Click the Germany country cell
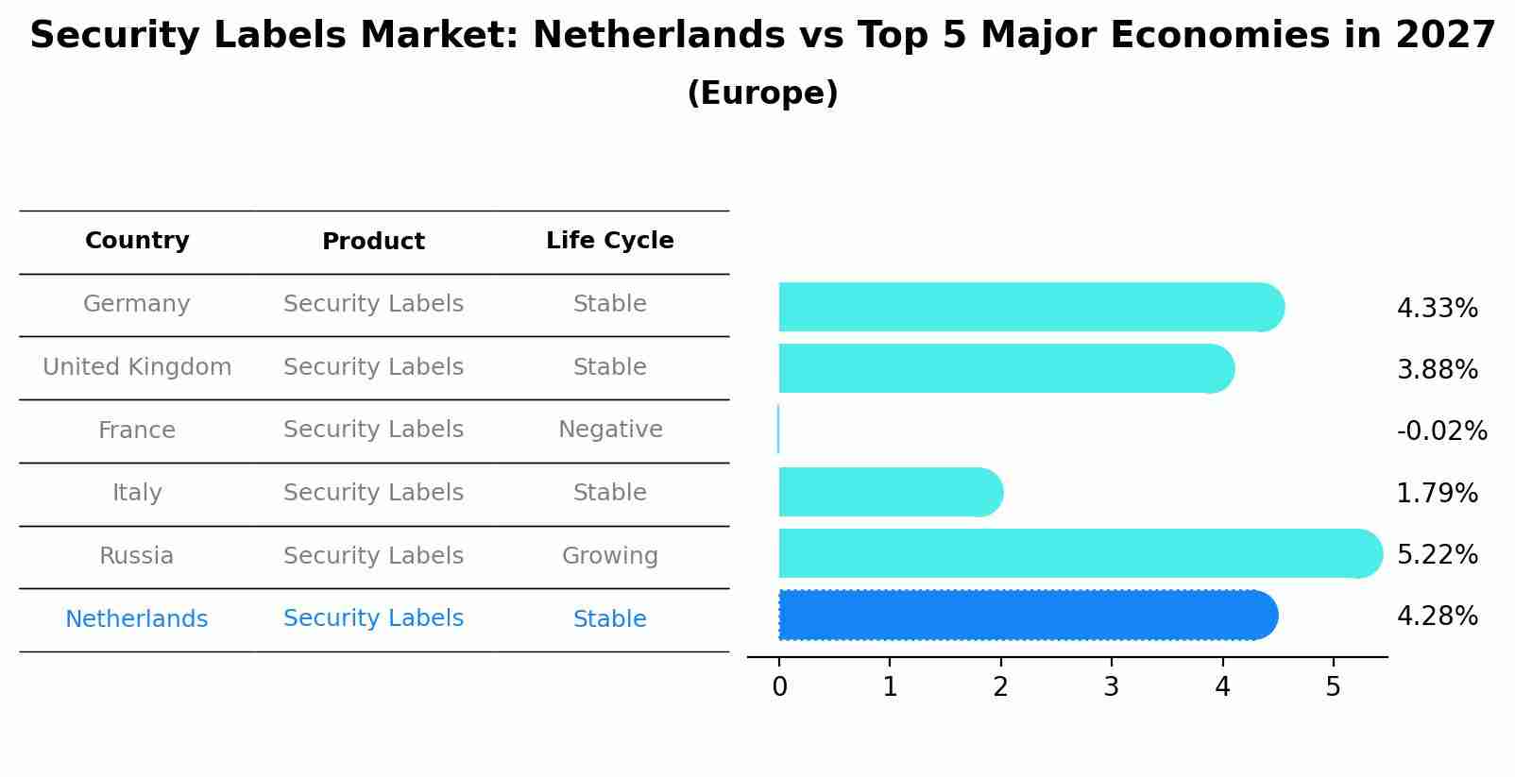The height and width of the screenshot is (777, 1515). pyautogui.click(x=137, y=304)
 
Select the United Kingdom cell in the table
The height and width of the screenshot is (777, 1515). pyautogui.click(x=137, y=367)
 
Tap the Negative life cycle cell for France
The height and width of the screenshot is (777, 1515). pyautogui.click(x=610, y=430)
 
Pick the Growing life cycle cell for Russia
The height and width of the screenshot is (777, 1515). pyautogui.click(x=610, y=556)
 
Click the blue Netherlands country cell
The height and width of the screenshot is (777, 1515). pyautogui.click(x=137, y=619)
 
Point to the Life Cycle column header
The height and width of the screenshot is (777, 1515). pyautogui.click(x=610, y=241)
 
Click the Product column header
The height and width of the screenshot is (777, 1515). pyautogui.click(x=373, y=242)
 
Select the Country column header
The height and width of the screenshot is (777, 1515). pyautogui.click(x=137, y=241)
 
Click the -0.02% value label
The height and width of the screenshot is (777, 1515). pyautogui.click(x=1441, y=431)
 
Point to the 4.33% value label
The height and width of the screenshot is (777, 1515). pyautogui.click(x=1437, y=309)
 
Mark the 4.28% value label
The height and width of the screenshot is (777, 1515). pyautogui.click(x=1437, y=617)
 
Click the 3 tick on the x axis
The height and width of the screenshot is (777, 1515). pyautogui.click(x=1112, y=687)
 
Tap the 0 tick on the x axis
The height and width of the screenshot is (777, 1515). pyautogui.click(x=779, y=687)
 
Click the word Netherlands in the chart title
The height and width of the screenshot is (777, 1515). pyautogui.click(x=658, y=36)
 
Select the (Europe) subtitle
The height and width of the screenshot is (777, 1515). pyautogui.click(x=762, y=93)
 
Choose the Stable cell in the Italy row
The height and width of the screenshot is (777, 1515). pyautogui.click(x=610, y=493)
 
